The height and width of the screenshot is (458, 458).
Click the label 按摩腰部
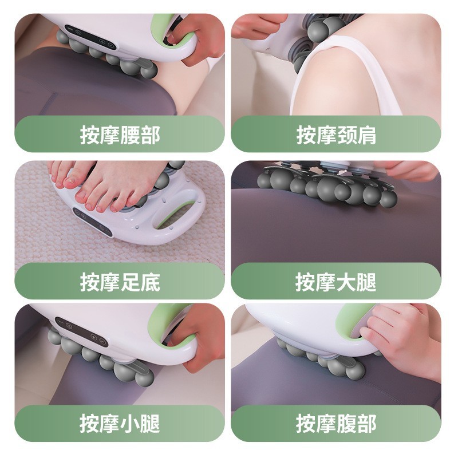click(120, 135)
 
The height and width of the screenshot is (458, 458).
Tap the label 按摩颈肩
click(336, 135)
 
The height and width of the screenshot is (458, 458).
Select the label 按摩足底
click(120, 282)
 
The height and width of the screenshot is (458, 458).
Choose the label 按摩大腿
click(336, 282)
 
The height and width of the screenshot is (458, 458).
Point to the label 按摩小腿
click(120, 424)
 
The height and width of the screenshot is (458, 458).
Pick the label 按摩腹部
click(336, 424)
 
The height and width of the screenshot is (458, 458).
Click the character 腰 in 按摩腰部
click(130, 135)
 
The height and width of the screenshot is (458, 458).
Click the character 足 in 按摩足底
click(130, 282)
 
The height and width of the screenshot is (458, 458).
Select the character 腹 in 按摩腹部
click(346, 424)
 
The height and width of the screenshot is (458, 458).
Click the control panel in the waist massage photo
click(90, 37)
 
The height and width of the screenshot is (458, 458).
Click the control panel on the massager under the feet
click(92, 221)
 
